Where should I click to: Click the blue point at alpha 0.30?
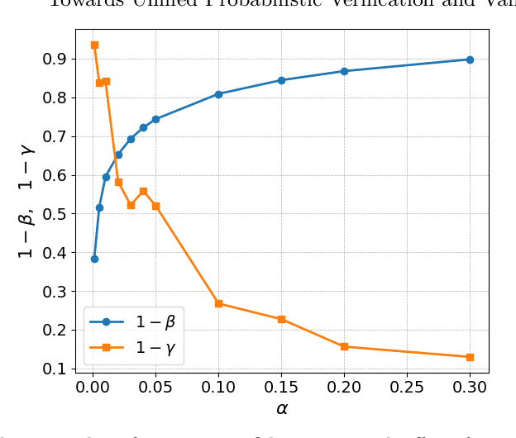tap(470, 60)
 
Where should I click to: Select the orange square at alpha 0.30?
tap(470, 357)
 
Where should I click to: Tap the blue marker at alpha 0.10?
tap(218, 94)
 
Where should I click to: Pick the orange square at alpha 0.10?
tap(218, 303)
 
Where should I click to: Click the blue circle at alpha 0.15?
tap(281, 80)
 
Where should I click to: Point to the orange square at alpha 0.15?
tap(281, 319)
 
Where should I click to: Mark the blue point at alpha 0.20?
tap(344, 71)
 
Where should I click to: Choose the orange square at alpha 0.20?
tap(344, 346)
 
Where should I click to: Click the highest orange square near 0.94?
tap(94, 45)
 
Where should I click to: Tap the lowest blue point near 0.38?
tap(94, 259)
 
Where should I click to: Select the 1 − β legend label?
tap(155, 322)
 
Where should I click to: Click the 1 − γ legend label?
tap(155, 348)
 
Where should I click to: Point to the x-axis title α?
tap(281, 408)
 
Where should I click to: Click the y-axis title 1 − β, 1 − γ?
tap(26, 199)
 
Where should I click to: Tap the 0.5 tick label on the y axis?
tap(55, 214)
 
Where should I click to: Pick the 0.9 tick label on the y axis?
tap(55, 60)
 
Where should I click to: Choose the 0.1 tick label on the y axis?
tap(55, 369)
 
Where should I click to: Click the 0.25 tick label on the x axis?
tap(407, 387)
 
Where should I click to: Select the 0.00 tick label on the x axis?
tap(93, 387)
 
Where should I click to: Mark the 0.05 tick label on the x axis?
tap(156, 387)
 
